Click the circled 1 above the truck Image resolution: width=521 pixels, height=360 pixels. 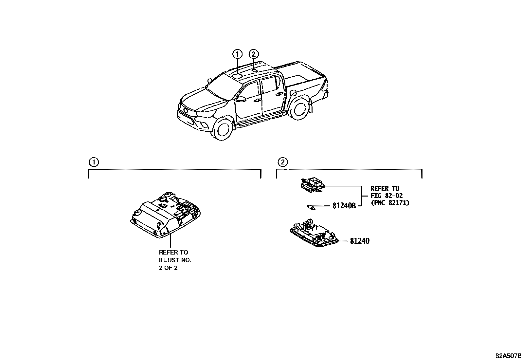pyautogui.click(x=237, y=54)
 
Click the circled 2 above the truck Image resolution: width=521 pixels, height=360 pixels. pyautogui.click(x=254, y=54)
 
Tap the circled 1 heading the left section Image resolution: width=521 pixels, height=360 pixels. pyautogui.click(x=93, y=162)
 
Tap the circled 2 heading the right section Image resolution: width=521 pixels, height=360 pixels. pyautogui.click(x=282, y=162)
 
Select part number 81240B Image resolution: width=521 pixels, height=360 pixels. pyautogui.click(x=344, y=206)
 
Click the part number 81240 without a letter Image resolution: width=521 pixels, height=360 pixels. pyautogui.click(x=360, y=241)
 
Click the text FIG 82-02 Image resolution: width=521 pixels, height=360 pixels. pyautogui.click(x=386, y=196)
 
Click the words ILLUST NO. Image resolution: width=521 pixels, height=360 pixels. pyautogui.click(x=175, y=260)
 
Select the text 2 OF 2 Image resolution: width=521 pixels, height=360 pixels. pyautogui.click(x=168, y=268)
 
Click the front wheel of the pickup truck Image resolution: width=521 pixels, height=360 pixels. pyautogui.click(x=223, y=129)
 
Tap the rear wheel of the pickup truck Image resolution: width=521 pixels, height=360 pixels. pyautogui.click(x=299, y=109)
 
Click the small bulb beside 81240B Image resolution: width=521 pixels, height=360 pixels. pyautogui.click(x=311, y=207)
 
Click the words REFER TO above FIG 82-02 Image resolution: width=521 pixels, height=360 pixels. pyautogui.click(x=385, y=188)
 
